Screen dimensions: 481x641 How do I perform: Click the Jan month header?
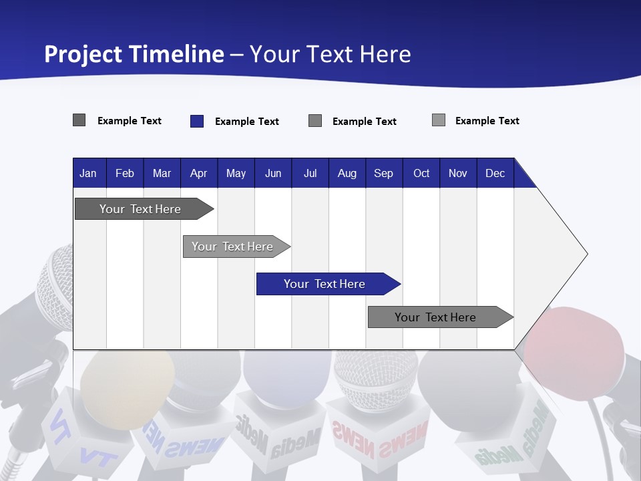(x=88, y=174)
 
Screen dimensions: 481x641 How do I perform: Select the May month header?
(x=236, y=174)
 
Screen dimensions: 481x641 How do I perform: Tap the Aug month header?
(x=347, y=174)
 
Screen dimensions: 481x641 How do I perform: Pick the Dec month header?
(x=495, y=174)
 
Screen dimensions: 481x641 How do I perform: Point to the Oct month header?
(x=421, y=174)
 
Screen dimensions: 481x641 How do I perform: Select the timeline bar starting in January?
(x=141, y=209)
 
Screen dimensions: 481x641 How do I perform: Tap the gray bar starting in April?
(x=233, y=247)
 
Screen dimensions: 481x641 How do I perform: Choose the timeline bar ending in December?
(x=436, y=317)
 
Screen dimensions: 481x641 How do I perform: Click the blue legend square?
(x=197, y=121)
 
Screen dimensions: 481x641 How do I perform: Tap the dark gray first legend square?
(x=79, y=120)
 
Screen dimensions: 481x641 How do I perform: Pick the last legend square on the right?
(x=439, y=120)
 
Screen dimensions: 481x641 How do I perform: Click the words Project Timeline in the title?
(x=134, y=54)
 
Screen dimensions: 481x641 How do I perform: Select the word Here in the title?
(x=385, y=54)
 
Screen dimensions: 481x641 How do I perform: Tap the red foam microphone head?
(x=571, y=351)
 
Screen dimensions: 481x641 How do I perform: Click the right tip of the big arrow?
(x=586, y=254)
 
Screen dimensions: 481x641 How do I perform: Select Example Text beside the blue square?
(x=247, y=122)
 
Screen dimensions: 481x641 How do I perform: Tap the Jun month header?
(x=273, y=174)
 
